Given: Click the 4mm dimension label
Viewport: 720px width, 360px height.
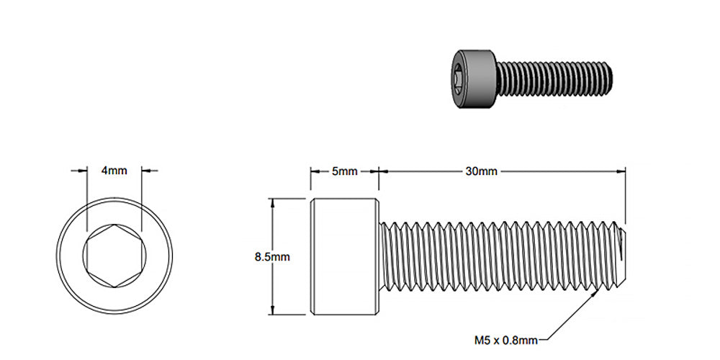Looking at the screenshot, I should (114, 171).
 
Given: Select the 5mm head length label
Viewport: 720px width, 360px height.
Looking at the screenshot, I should (344, 171).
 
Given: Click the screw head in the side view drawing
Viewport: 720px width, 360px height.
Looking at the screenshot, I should (344, 256).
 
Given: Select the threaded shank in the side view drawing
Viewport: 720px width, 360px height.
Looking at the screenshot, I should (497, 256).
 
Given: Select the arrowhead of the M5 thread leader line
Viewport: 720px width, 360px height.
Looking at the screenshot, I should (597, 294).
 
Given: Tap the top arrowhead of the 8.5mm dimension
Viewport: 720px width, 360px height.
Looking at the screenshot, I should (272, 202).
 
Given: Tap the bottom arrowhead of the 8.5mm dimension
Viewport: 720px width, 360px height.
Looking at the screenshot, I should (272, 310).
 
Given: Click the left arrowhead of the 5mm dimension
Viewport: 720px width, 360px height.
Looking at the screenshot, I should (315, 171).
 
